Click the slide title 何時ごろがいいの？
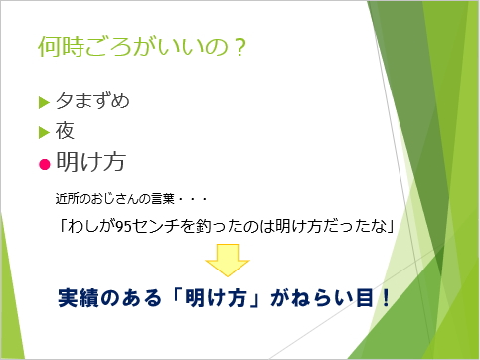[x=139, y=47]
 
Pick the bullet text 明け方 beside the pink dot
[x=88, y=160]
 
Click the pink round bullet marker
[x=44, y=161]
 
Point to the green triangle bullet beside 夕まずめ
[x=43, y=102]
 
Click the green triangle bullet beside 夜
[x=43, y=130]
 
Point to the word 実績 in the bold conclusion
[x=78, y=298]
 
